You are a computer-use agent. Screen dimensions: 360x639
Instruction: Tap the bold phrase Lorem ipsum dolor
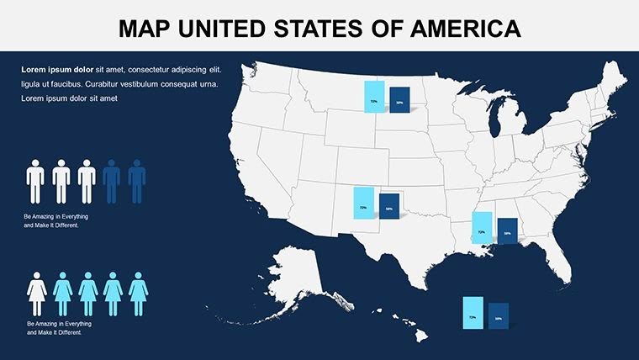57,69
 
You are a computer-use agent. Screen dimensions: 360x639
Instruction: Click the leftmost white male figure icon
35,181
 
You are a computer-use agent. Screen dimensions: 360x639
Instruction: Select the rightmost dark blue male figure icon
137,181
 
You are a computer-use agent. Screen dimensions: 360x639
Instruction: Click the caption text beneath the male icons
56,221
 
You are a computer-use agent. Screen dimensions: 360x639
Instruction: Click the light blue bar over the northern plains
374,96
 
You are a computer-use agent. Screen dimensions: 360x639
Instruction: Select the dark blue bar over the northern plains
399,100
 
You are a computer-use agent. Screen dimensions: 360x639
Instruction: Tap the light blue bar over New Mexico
363,203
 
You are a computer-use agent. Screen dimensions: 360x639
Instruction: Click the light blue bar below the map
473,313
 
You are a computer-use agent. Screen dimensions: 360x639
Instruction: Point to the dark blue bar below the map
498,315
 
